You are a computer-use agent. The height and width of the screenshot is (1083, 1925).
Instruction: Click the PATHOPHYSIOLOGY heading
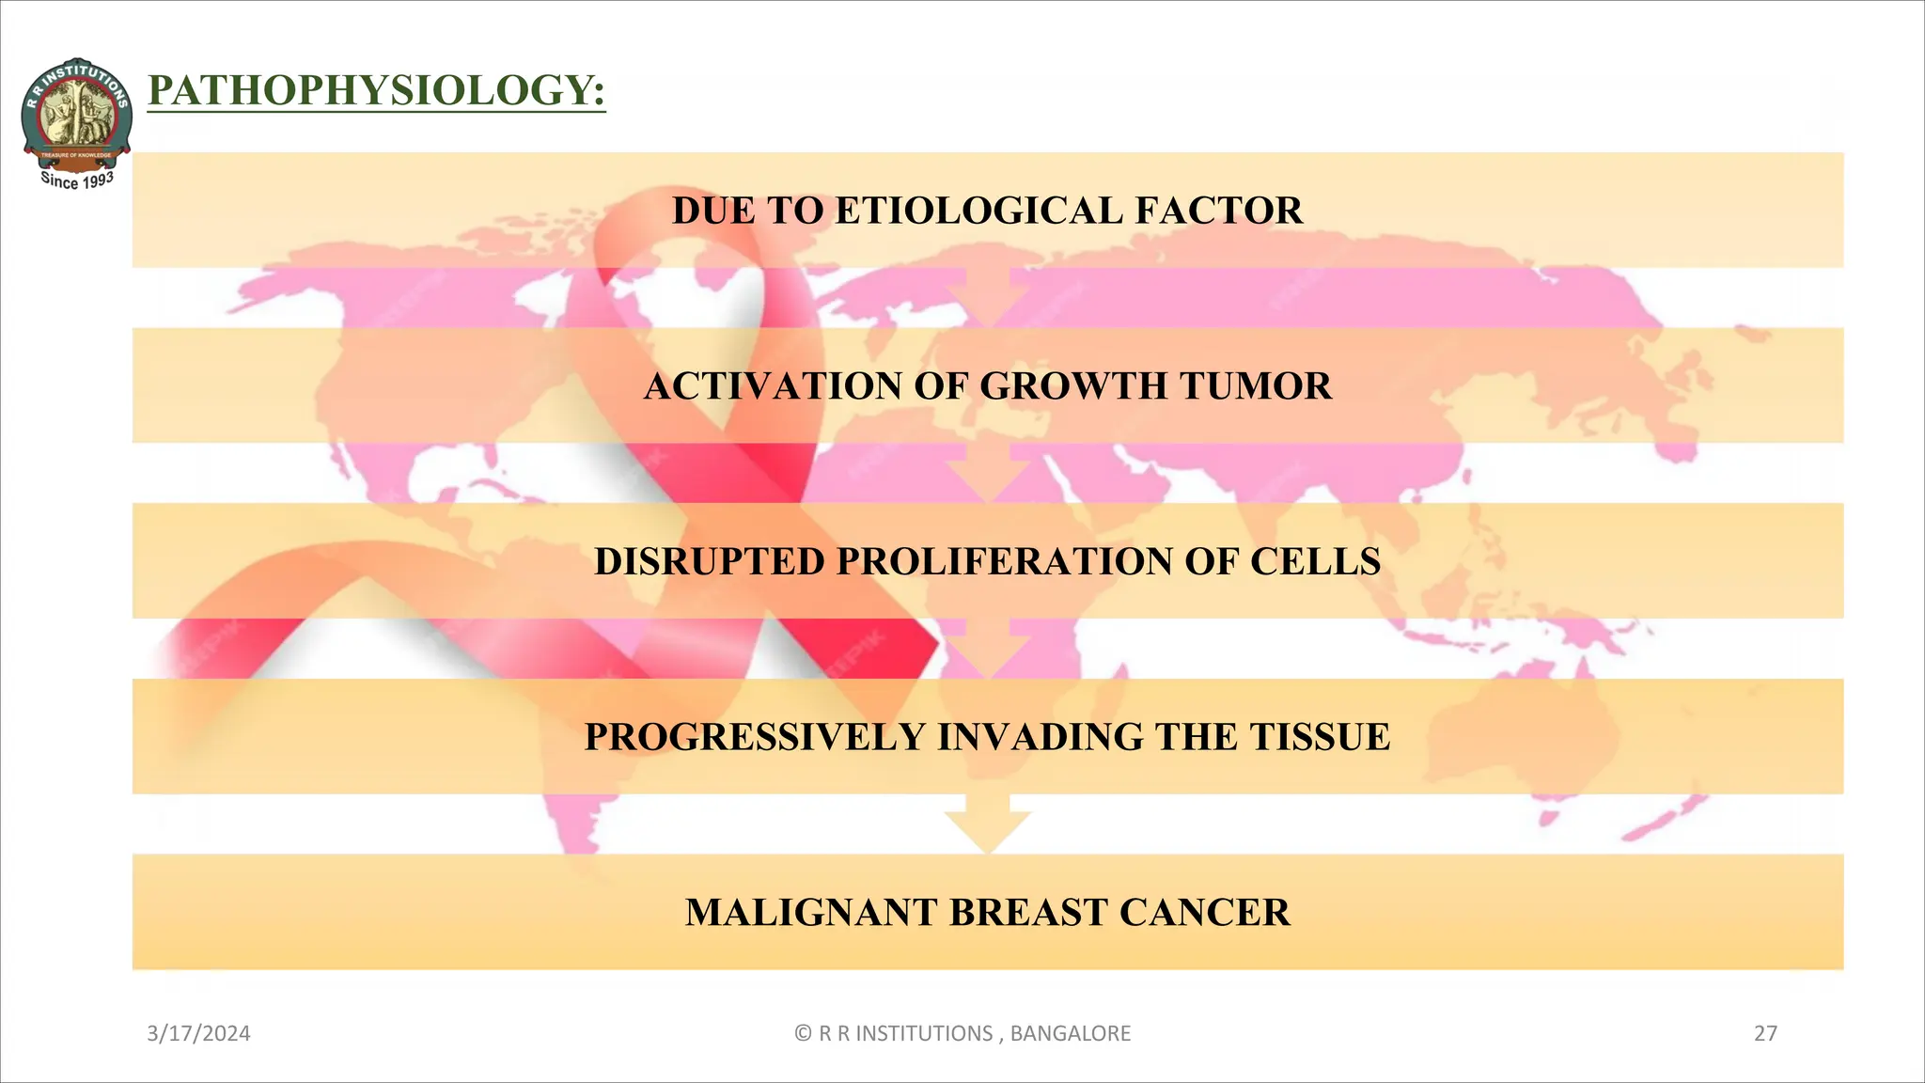(376, 91)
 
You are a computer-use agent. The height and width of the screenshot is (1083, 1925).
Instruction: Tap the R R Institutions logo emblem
(76, 111)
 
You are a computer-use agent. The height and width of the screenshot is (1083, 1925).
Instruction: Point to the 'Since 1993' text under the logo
(77, 180)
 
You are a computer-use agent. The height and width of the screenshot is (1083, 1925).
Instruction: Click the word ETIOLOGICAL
(978, 211)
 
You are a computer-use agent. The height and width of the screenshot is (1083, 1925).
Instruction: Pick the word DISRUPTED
(709, 562)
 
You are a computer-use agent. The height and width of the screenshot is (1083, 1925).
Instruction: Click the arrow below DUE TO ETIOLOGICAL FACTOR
(987, 297)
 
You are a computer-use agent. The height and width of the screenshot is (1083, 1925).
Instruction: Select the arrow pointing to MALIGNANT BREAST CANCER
(987, 824)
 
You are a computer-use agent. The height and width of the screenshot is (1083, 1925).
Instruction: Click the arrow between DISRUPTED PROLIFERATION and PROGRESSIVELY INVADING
(987, 649)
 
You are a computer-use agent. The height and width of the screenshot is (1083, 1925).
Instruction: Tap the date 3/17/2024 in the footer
(198, 1034)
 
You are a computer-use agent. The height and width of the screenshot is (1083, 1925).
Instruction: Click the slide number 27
(1765, 1034)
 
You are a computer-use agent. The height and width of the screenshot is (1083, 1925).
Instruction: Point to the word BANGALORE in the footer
(1070, 1034)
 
